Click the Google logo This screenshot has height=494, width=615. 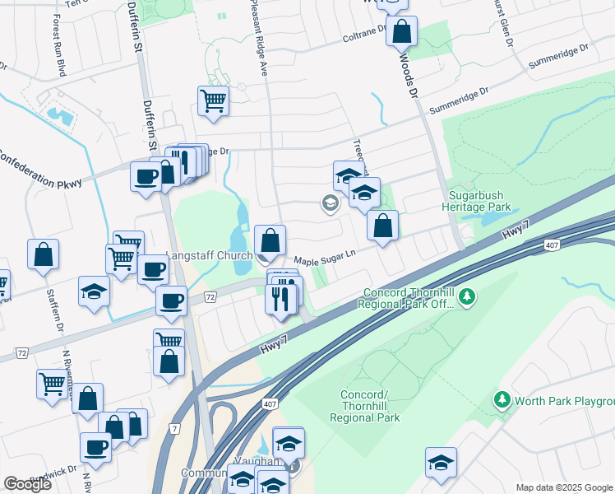click(x=28, y=484)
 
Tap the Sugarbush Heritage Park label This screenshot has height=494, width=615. click(x=479, y=202)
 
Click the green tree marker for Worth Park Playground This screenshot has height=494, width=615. click(x=502, y=400)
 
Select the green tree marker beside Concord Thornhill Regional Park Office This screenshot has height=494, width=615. click(x=467, y=295)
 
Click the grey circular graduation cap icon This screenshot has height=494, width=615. click(x=330, y=203)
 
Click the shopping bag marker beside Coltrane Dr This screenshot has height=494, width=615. click(x=401, y=32)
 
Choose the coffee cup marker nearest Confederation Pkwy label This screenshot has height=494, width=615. click(x=146, y=175)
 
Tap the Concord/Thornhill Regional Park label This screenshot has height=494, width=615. click(x=370, y=406)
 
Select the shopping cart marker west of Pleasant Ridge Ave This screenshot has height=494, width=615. click(x=213, y=101)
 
